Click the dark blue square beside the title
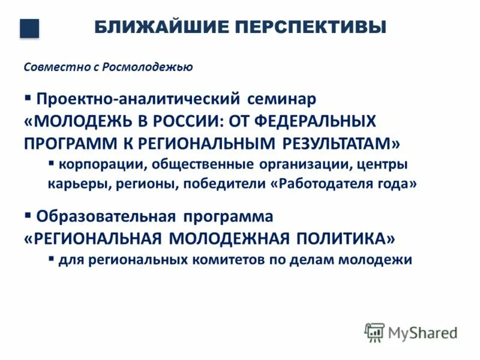click(x=29, y=28)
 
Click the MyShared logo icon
click(x=374, y=332)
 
